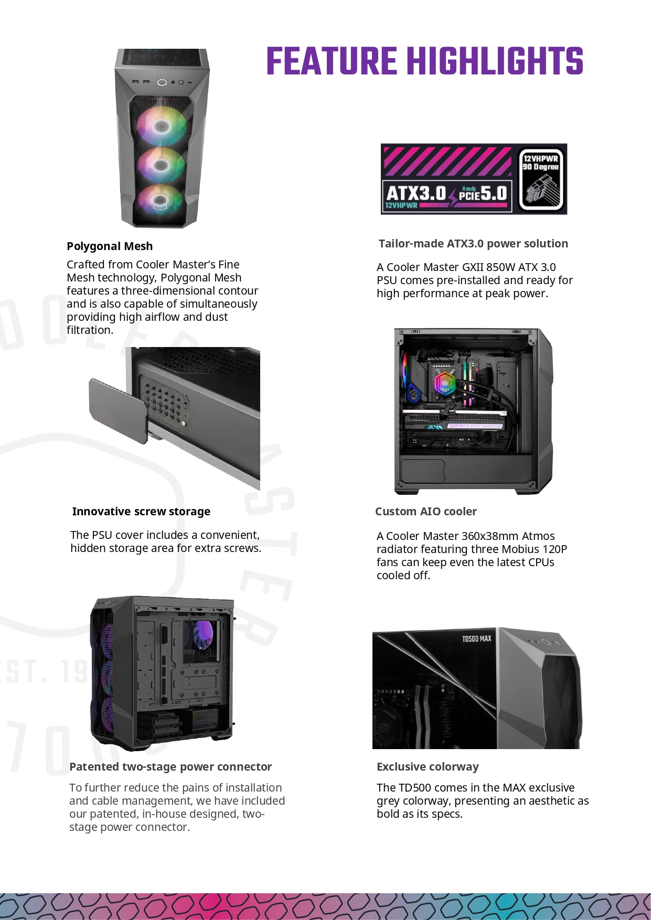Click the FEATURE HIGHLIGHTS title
pyautogui.click(x=425, y=61)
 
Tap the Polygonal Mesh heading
pyautogui.click(x=110, y=246)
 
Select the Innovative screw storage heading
pyautogui.click(x=141, y=511)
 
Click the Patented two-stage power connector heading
pyautogui.click(x=170, y=766)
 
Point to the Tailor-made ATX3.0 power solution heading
pyautogui.click(x=473, y=243)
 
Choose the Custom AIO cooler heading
pyautogui.click(x=426, y=511)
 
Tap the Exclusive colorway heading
pyautogui.click(x=428, y=766)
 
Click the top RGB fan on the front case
pyautogui.click(x=162, y=126)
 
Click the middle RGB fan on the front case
pyautogui.click(x=161, y=164)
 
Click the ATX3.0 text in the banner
pyautogui.click(x=416, y=193)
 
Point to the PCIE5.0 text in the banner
pyautogui.click(x=483, y=193)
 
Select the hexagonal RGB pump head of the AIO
pyautogui.click(x=444, y=383)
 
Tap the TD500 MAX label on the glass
pyautogui.click(x=476, y=638)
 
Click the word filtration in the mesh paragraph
pyautogui.click(x=90, y=330)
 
